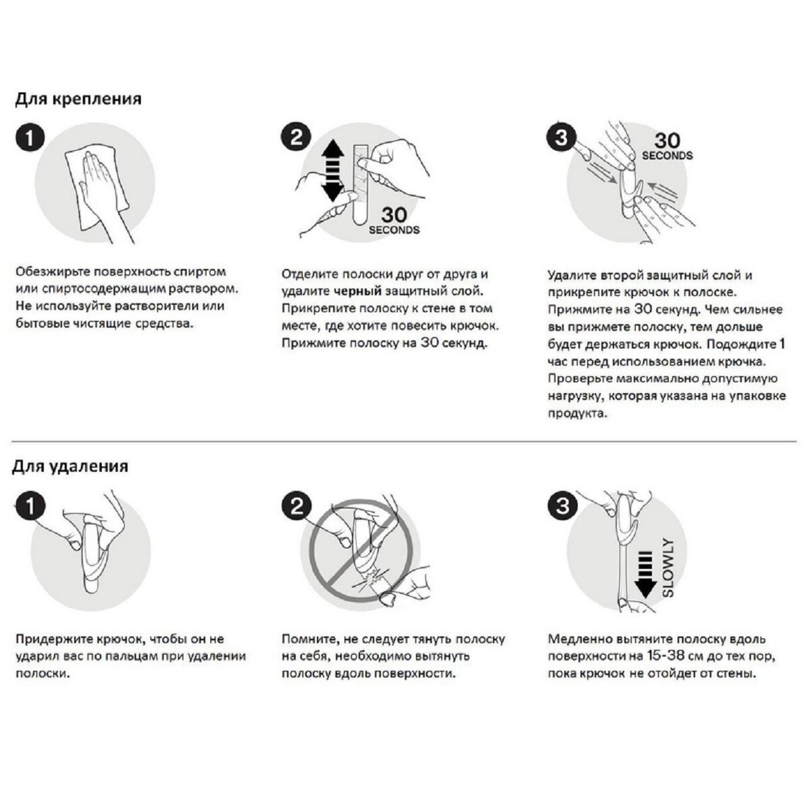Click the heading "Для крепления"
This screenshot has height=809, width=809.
[78, 99]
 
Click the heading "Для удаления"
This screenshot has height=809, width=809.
[70, 467]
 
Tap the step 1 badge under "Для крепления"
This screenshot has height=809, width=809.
[30, 139]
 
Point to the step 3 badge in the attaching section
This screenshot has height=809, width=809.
[561, 139]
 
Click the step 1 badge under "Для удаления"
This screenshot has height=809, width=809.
[30, 506]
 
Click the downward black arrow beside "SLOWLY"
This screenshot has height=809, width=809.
[646, 573]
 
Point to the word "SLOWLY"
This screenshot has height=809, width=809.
[668, 567]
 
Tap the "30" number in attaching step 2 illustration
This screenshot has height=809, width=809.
[394, 215]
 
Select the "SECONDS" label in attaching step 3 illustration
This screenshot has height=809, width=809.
[667, 156]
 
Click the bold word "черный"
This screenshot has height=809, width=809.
[357, 292]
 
